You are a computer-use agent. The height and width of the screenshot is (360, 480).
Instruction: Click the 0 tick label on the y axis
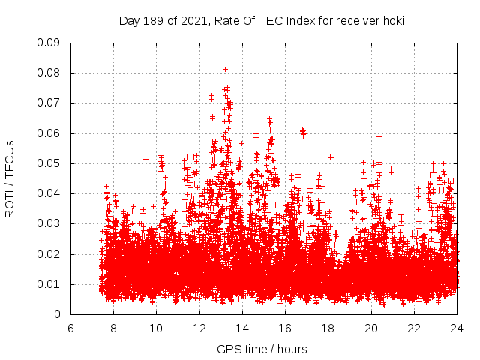click(x=58, y=314)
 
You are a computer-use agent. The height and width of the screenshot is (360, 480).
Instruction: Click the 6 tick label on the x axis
click(x=70, y=328)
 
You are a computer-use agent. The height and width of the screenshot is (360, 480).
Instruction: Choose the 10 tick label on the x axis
click(x=157, y=328)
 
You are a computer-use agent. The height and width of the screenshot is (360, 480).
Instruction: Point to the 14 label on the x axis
click(x=242, y=328)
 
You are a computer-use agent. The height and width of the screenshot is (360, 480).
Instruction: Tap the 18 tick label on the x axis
click(x=328, y=328)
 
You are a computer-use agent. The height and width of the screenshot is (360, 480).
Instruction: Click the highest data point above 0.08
click(x=225, y=69)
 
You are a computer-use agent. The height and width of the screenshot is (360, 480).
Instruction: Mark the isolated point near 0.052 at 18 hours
click(x=331, y=157)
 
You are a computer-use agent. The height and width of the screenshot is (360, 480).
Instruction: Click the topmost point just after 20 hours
click(x=379, y=137)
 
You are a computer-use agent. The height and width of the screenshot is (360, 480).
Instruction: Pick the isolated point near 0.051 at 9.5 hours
click(x=145, y=159)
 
